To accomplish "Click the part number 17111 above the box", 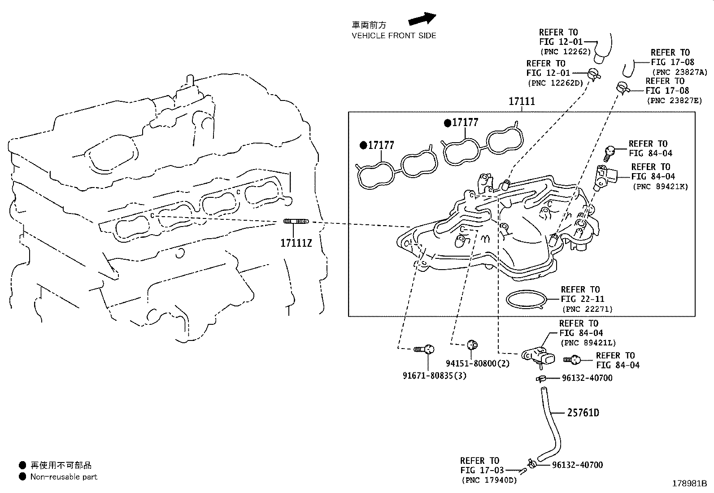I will pos(522,101).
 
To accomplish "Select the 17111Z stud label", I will pos(296,244).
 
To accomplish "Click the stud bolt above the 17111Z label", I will pos(296,222).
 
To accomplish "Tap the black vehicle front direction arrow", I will pos(422,19).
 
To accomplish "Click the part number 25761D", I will pos(583,412).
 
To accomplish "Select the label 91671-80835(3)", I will pos(434,375).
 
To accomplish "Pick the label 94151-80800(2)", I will pos(478,363).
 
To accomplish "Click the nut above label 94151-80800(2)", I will pos(472,345).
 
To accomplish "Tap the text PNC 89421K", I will pos(660,186).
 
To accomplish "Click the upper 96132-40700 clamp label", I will pos(587,378).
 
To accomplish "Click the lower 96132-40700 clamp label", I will pos(577,465).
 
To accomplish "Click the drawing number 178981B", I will pos(689,484).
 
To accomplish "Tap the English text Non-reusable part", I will pos(64,477).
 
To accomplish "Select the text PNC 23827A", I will pos(679,72).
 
